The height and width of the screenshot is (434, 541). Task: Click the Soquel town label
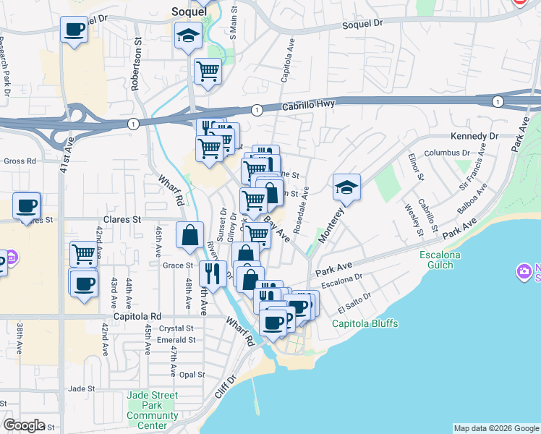point(189,11)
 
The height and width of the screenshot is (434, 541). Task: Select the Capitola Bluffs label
point(365,323)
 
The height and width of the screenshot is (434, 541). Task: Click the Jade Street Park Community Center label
point(152,410)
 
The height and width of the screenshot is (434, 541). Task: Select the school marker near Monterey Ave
point(346,187)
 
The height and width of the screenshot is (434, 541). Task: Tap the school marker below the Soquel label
point(187,35)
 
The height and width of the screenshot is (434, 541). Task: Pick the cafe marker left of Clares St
point(26,206)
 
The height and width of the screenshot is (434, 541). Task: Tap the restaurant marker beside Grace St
point(212,273)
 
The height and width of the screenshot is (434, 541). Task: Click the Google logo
point(24,425)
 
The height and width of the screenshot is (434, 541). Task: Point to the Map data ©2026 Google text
point(495,428)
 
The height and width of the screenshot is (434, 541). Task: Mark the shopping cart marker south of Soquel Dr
point(208,71)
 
